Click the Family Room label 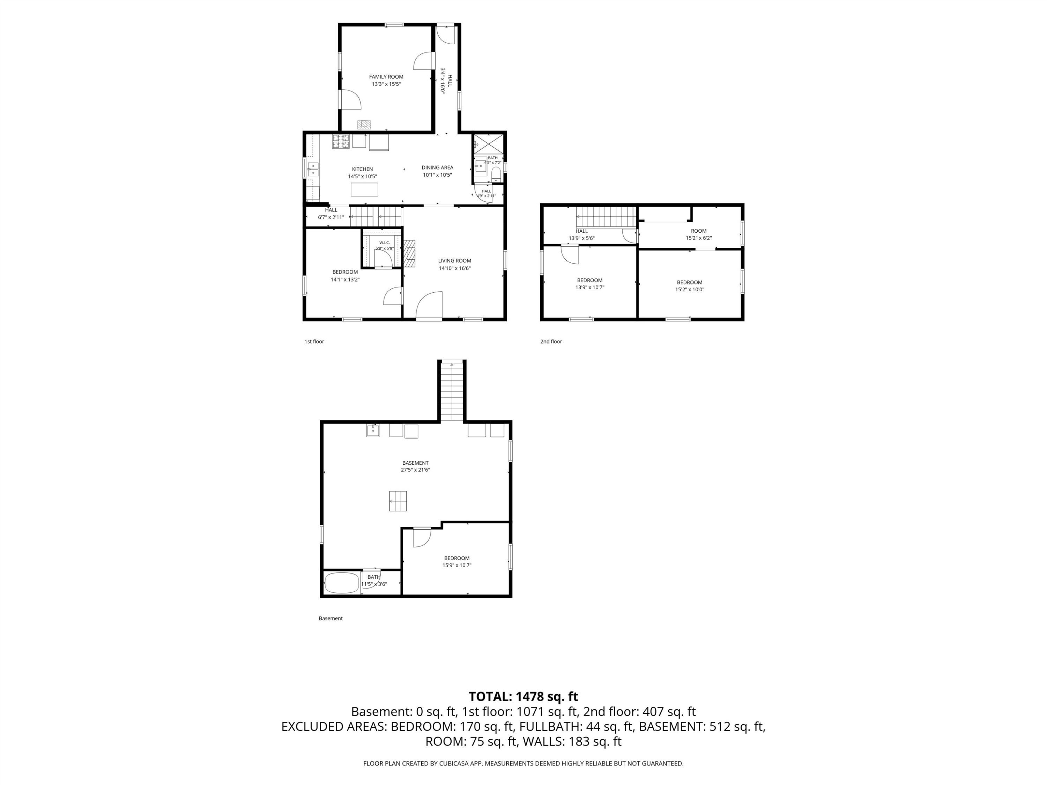pos(386,77)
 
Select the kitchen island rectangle pos(364,189)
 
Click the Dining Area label pos(437,167)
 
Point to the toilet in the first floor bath pos(496,174)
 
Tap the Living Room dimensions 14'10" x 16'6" pos(454,268)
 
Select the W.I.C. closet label pos(384,243)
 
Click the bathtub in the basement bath pos(342,583)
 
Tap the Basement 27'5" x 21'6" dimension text pos(416,470)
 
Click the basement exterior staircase pos(452,391)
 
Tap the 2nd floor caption pos(551,342)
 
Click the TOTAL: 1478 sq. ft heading pos(523,696)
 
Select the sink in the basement pos(373,431)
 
